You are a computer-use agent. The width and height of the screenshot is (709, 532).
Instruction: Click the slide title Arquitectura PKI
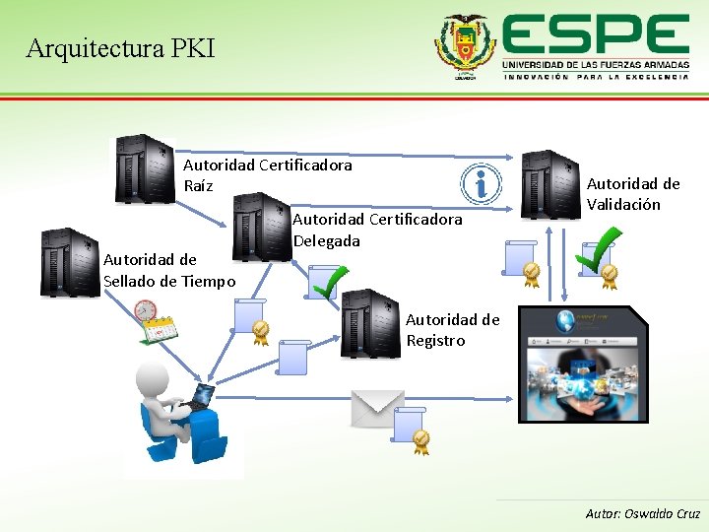(x=120, y=47)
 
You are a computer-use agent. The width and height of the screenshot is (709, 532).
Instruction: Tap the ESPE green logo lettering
(x=595, y=37)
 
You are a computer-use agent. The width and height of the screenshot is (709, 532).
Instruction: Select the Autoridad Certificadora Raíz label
(x=267, y=175)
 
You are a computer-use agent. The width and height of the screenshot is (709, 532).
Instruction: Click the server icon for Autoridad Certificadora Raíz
(x=144, y=169)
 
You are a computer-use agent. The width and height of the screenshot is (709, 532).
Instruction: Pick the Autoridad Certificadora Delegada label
(x=377, y=230)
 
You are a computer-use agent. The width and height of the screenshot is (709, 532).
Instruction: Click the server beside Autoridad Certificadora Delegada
(x=261, y=226)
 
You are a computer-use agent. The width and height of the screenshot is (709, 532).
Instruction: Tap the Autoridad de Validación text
(x=633, y=194)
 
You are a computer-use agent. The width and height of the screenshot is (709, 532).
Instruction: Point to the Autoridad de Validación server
(x=549, y=183)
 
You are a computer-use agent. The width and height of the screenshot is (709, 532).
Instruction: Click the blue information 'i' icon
(x=481, y=183)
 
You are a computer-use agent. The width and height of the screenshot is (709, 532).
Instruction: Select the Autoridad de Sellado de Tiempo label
(x=168, y=270)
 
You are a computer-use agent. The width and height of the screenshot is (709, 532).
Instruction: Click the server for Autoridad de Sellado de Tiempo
(x=70, y=261)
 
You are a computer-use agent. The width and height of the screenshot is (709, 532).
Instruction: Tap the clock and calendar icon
(x=154, y=322)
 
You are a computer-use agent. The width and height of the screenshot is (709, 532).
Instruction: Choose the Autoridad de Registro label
(x=452, y=329)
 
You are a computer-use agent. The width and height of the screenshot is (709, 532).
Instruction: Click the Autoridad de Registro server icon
(x=369, y=323)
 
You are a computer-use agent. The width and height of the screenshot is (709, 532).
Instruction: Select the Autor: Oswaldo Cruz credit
(x=642, y=513)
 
